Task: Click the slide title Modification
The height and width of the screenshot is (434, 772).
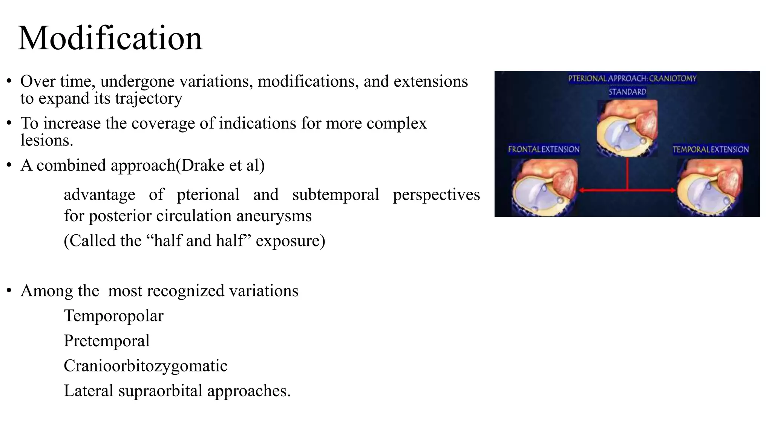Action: [110, 38]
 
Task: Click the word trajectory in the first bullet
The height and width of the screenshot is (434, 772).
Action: [149, 98]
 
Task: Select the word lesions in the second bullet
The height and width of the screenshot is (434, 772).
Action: [47, 141]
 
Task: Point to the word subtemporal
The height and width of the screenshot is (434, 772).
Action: [335, 195]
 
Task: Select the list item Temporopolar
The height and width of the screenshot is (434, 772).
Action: [113, 316]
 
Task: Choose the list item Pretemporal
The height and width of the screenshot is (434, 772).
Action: [107, 341]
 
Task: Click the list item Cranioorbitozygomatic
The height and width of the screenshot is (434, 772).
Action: [146, 366]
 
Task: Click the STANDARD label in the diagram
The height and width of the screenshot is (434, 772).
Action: [627, 92]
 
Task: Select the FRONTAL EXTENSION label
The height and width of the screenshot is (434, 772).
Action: [544, 149]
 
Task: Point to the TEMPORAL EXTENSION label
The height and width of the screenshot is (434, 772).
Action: [711, 149]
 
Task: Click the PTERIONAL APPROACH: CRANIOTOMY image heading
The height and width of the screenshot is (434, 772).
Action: [632, 79]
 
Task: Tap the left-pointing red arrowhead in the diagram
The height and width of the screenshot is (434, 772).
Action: [582, 190]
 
